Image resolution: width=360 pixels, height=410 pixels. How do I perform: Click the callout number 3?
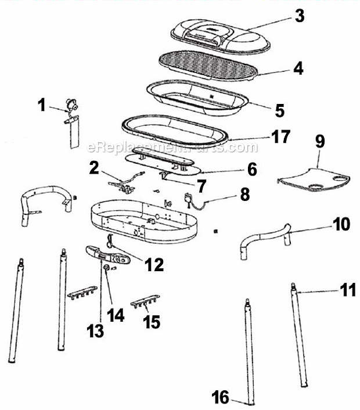[x=299, y=16]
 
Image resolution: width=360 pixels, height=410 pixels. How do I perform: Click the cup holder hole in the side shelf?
[x=318, y=187]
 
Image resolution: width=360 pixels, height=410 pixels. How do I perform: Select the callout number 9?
[x=321, y=141]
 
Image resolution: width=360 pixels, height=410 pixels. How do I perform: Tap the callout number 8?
[x=244, y=195]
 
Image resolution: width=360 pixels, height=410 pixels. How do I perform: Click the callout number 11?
[x=348, y=290]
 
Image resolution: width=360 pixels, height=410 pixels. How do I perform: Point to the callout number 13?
[x=95, y=331]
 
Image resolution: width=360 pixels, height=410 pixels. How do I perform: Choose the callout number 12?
[x=154, y=265]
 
